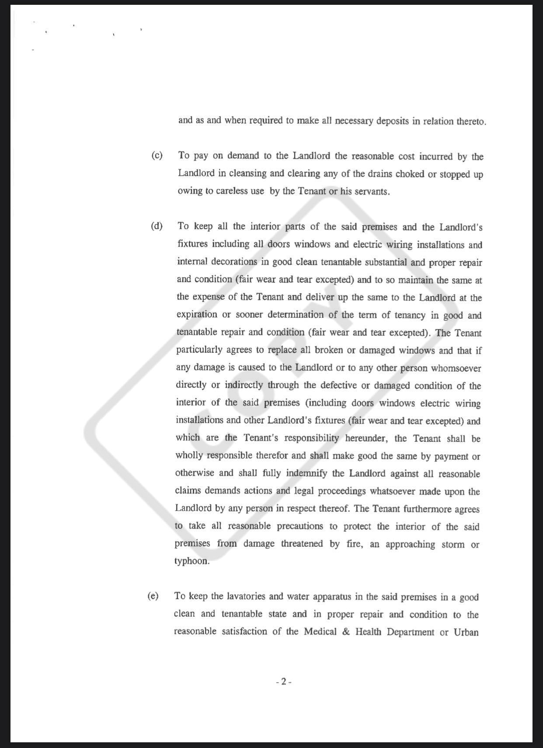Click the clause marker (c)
coord(157,156)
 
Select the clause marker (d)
coord(157,226)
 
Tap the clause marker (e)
coord(153,596)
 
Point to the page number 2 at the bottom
coord(284,682)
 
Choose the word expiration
coord(197,315)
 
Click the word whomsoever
coord(456,368)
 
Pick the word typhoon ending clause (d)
coord(192,561)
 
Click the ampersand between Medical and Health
coord(346,632)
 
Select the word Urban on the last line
coord(466,632)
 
